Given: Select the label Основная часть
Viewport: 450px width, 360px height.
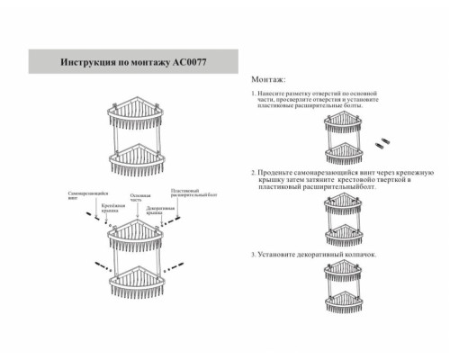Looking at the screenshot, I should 139,197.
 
